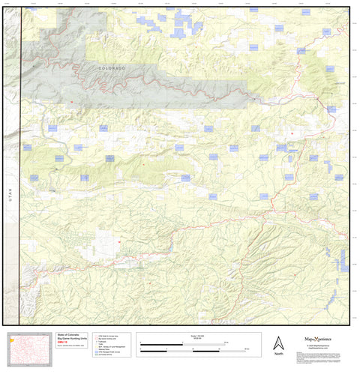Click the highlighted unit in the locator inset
pyautogui.click(x=12, y=339)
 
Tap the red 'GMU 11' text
pyautogui.click(x=63, y=344)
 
